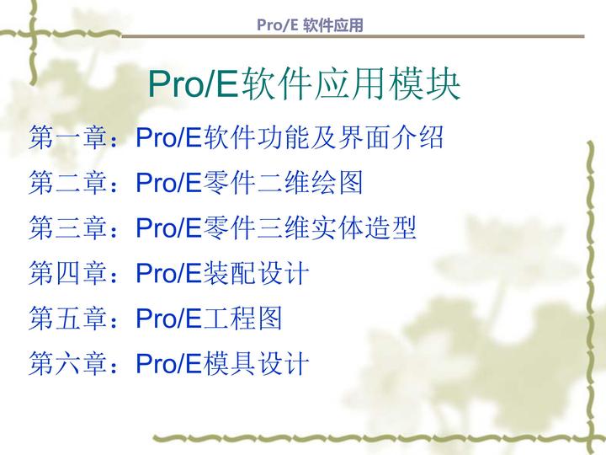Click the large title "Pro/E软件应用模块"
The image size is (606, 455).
coord(304,84)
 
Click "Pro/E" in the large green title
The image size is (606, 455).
coord(193,84)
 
